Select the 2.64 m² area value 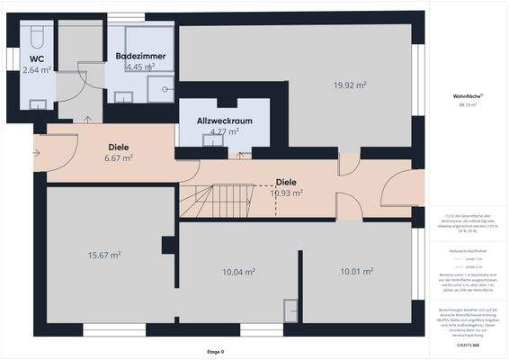click(x=37, y=70)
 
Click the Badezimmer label click(x=140, y=56)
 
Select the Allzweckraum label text click(x=223, y=120)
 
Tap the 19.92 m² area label click(x=350, y=85)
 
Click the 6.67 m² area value click(x=119, y=158)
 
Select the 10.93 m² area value click(x=287, y=193)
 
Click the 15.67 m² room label click(x=105, y=255)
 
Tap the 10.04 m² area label click(x=238, y=271)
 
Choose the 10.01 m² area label click(x=356, y=271)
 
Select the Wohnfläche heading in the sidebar click(x=468, y=95)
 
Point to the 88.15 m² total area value click(x=468, y=105)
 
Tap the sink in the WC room click(x=38, y=104)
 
